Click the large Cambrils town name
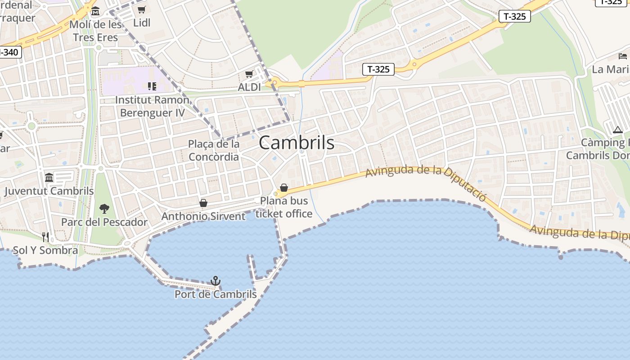(x=297, y=143)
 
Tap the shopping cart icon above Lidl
(x=141, y=10)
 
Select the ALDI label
(x=249, y=87)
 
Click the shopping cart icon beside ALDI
(x=249, y=74)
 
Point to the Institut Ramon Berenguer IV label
(x=152, y=106)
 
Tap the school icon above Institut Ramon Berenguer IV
(x=152, y=86)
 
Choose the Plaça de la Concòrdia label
(x=214, y=150)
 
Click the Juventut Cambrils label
(x=49, y=191)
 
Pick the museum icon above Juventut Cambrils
(x=49, y=177)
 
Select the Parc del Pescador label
(x=104, y=222)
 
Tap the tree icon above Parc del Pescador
(x=104, y=208)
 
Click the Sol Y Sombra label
(x=45, y=250)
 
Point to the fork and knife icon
(x=45, y=237)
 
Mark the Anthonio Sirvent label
(x=203, y=216)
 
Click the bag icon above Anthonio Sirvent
(x=203, y=203)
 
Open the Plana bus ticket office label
(x=284, y=207)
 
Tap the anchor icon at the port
(x=216, y=281)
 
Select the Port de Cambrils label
(x=216, y=294)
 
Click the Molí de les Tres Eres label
(x=95, y=31)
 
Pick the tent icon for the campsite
(x=617, y=130)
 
